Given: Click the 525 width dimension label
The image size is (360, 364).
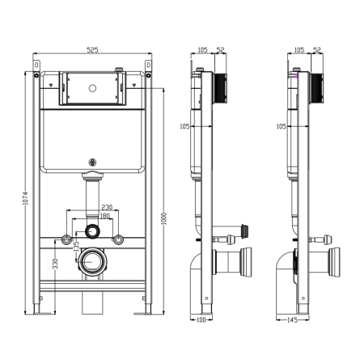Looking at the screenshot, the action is (x=92, y=50).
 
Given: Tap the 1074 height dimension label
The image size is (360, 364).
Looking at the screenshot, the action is (x=25, y=198).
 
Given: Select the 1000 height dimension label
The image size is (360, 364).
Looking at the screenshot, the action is (x=163, y=218).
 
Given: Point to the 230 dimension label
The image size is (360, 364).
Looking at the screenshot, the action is (x=107, y=207).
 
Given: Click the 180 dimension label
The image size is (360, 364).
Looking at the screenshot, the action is (x=105, y=216).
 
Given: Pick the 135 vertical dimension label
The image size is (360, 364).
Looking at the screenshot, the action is (x=76, y=247).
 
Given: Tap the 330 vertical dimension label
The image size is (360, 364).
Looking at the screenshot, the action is (x=55, y=264).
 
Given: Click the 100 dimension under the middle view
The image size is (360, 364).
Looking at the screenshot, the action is (x=201, y=320).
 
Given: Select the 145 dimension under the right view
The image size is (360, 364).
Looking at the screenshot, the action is (x=292, y=320).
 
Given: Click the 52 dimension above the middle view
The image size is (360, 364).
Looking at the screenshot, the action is (x=221, y=50).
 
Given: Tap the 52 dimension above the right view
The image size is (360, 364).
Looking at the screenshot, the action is (x=317, y=50).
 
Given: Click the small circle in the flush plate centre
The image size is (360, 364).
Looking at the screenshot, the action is (x=92, y=88).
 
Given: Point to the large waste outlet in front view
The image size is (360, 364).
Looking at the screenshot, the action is (x=92, y=261).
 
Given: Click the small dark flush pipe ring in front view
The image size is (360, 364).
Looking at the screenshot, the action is (x=92, y=231).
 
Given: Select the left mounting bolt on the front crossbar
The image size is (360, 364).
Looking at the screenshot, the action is (x=66, y=239).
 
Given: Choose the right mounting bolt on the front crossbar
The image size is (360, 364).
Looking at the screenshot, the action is (x=118, y=239).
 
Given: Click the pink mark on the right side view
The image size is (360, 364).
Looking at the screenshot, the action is (x=297, y=75).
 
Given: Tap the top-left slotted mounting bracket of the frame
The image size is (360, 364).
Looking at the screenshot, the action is (x=36, y=66).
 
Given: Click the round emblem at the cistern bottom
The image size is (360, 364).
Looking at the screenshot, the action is (x=92, y=163).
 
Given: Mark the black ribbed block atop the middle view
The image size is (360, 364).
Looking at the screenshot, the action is (x=220, y=87).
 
